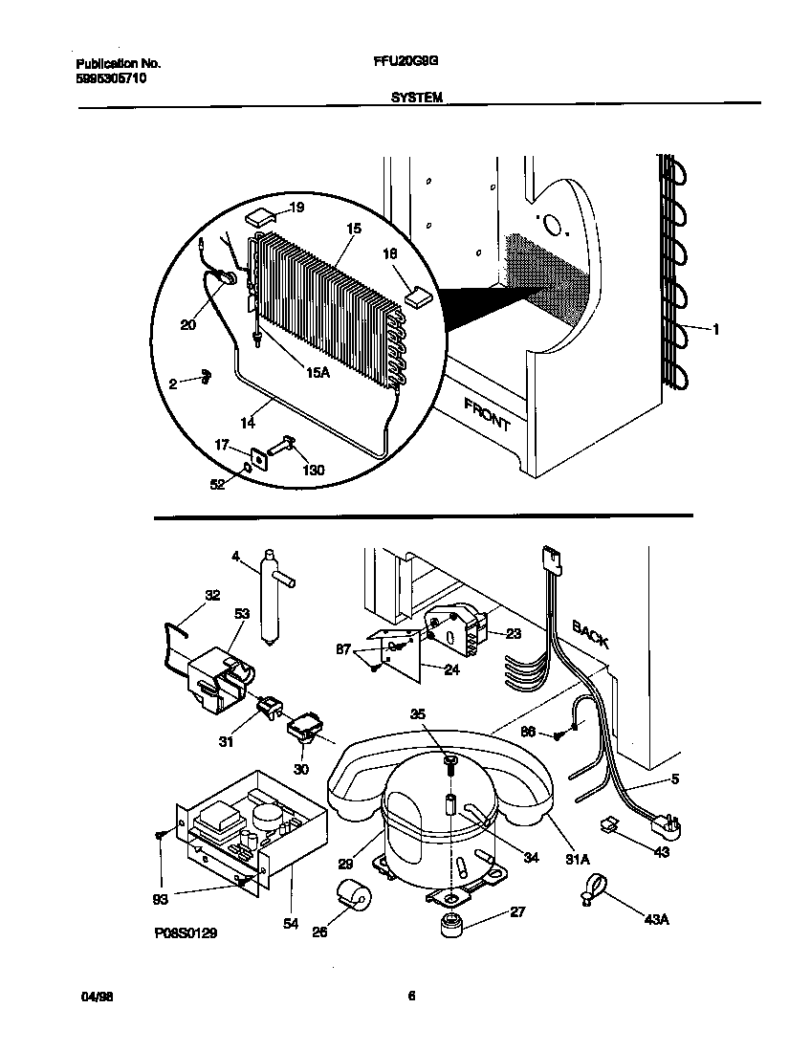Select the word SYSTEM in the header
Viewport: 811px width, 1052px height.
coord(416,97)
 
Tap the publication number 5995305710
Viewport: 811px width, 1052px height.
coord(112,78)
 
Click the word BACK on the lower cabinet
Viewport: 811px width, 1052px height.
coord(590,632)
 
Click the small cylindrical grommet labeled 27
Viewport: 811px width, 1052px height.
coord(450,925)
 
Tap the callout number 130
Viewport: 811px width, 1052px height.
coord(312,470)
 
